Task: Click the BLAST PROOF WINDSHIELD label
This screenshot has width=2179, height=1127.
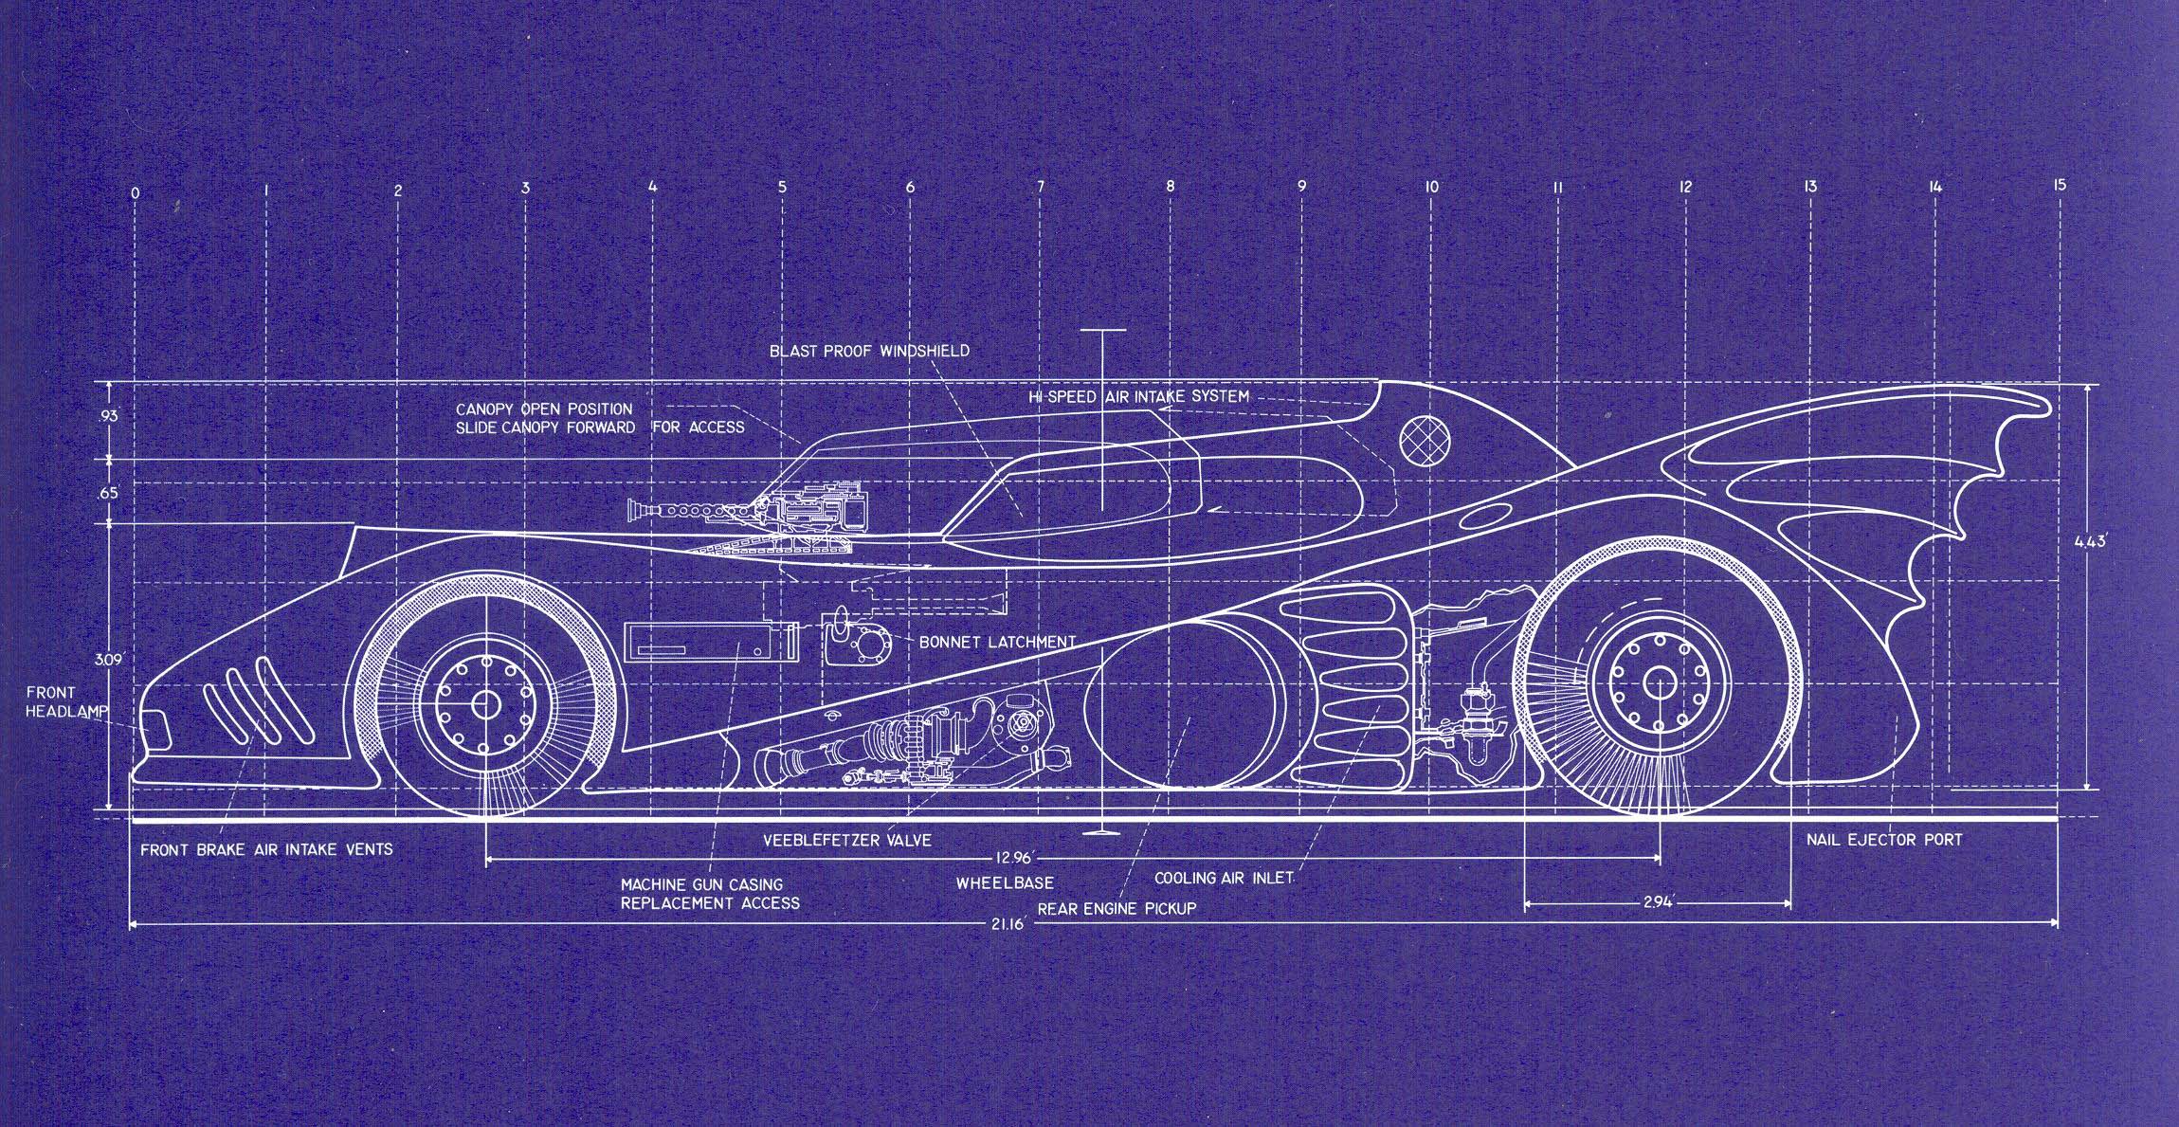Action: pos(869,351)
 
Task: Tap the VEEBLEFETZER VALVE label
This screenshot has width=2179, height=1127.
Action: pos(847,840)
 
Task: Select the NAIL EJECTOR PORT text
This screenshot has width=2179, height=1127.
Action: pos(1884,840)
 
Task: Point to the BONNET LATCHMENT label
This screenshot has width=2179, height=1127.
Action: pos(997,642)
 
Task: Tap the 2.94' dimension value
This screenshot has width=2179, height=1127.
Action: pos(1658,904)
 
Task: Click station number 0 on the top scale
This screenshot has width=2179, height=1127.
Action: pos(136,193)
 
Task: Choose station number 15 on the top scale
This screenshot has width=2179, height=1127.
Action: pos(2058,185)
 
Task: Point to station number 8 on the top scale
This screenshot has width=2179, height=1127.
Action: pos(1170,187)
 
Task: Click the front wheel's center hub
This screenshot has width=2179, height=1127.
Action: pos(485,705)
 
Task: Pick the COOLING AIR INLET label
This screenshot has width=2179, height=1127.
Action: pos(1223,878)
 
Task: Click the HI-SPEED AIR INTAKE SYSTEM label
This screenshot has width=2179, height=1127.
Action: pos(1139,396)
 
